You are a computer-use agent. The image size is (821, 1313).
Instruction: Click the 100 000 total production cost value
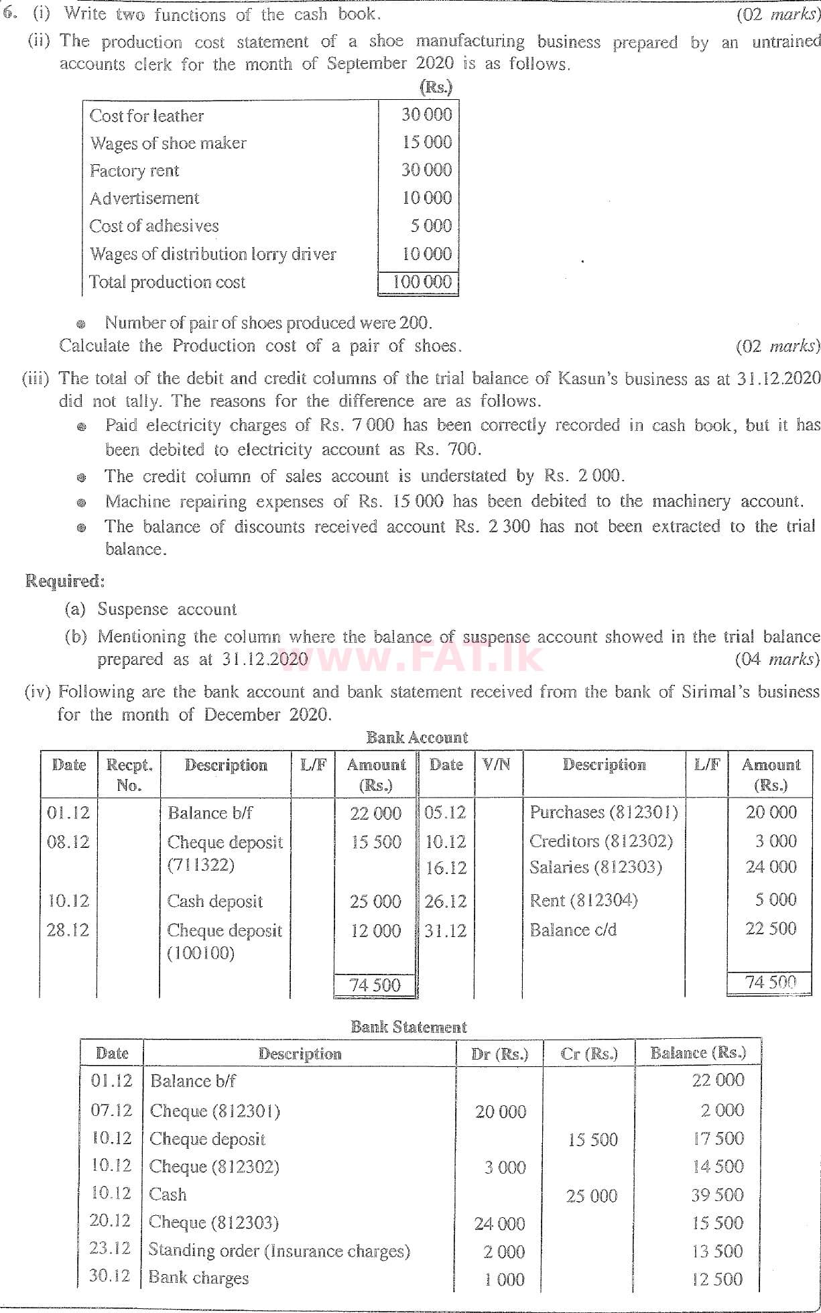(x=422, y=282)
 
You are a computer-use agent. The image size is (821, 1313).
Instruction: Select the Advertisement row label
(x=144, y=198)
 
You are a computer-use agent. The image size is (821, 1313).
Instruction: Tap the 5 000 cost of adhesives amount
(x=431, y=226)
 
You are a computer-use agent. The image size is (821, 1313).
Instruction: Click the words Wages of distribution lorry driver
(x=212, y=254)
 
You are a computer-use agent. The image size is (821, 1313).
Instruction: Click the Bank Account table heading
(x=416, y=738)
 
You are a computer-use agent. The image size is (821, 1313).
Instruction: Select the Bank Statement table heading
(x=409, y=1027)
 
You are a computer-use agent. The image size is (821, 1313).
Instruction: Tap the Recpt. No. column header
(x=129, y=775)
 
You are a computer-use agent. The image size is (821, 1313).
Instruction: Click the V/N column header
(x=497, y=765)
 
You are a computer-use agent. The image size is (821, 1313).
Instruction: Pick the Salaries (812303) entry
(x=595, y=867)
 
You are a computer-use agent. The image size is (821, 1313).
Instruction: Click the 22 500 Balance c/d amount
(x=771, y=929)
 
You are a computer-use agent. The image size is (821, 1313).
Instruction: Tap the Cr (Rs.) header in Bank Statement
(x=588, y=1054)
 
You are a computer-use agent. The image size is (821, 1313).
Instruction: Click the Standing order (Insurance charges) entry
(x=279, y=1251)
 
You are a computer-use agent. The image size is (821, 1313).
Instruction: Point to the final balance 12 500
(x=717, y=1279)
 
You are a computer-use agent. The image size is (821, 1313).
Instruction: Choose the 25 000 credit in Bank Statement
(x=591, y=1196)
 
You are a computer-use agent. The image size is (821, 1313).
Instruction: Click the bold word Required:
(x=65, y=581)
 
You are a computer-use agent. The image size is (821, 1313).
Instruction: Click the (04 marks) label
(x=777, y=660)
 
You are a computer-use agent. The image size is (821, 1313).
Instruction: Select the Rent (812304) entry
(x=583, y=900)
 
